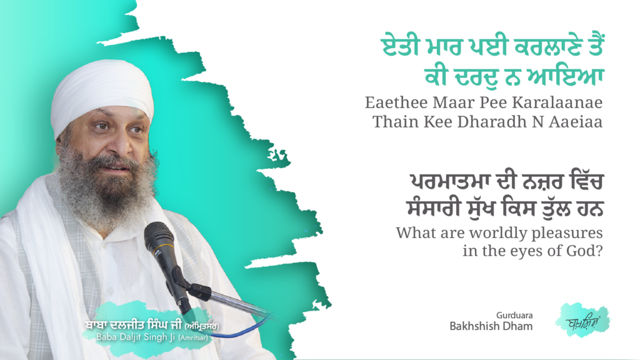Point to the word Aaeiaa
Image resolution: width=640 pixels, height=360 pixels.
pos(578,121)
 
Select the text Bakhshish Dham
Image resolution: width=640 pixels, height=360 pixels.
pos(491,327)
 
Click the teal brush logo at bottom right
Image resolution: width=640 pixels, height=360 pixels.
pos(582,320)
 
